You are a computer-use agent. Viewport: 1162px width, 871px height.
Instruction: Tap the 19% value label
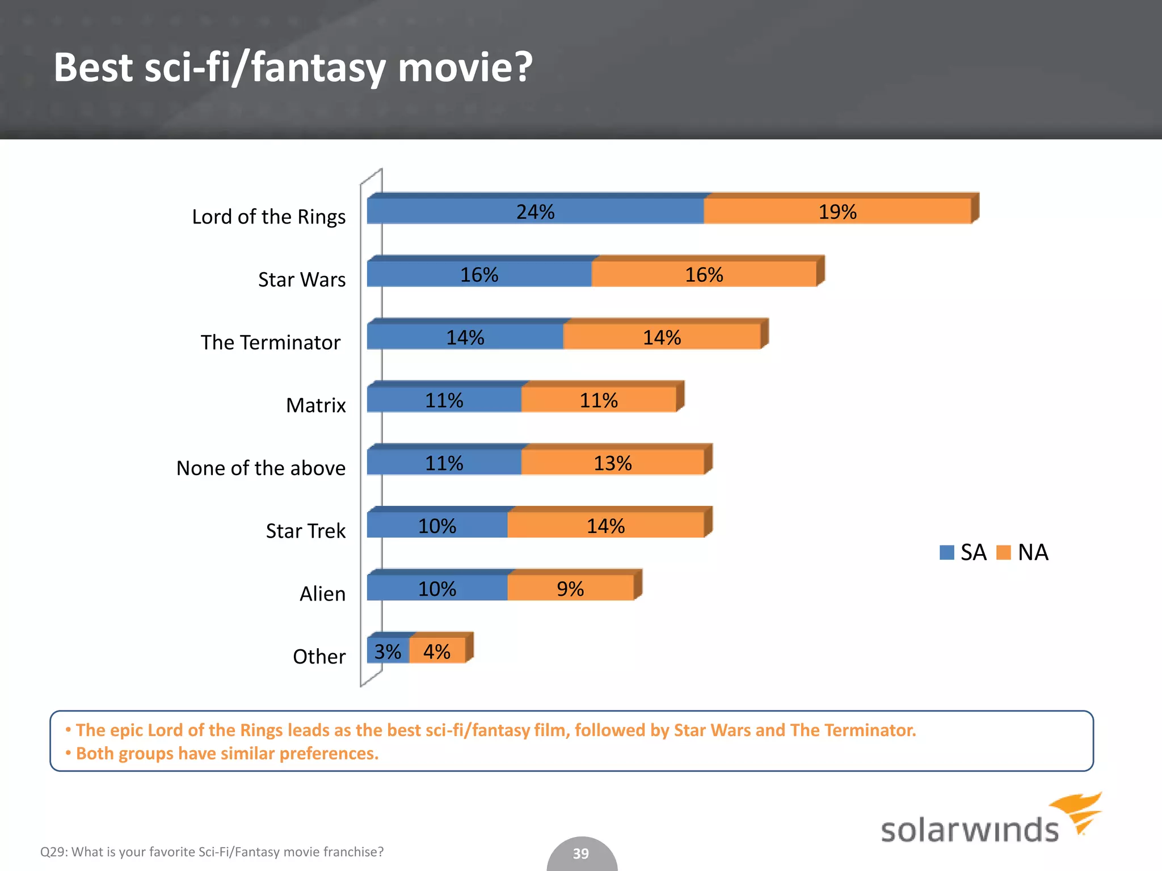pyautogui.click(x=837, y=212)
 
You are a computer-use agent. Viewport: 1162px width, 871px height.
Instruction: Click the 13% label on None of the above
pyautogui.click(x=612, y=463)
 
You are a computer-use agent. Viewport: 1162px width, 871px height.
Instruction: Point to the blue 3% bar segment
pyautogui.click(x=388, y=651)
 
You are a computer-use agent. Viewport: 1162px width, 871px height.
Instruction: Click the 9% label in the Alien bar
pyautogui.click(x=570, y=589)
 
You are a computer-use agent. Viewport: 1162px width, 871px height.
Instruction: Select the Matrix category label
pyautogui.click(x=315, y=405)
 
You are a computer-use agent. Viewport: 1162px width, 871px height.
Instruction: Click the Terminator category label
pyautogui.click(x=271, y=343)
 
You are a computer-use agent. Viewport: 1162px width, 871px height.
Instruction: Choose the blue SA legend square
pyautogui.click(x=946, y=552)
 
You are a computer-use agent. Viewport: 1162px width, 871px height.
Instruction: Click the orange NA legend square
pyautogui.click(x=1003, y=552)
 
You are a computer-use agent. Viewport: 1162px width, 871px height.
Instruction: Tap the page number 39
pyautogui.click(x=580, y=853)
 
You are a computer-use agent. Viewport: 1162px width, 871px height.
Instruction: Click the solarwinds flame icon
pyautogui.click(x=1078, y=811)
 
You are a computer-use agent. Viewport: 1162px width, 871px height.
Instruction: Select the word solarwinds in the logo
pyautogui.click(x=969, y=831)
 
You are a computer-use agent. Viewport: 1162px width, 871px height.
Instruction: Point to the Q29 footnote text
pyautogui.click(x=212, y=852)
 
